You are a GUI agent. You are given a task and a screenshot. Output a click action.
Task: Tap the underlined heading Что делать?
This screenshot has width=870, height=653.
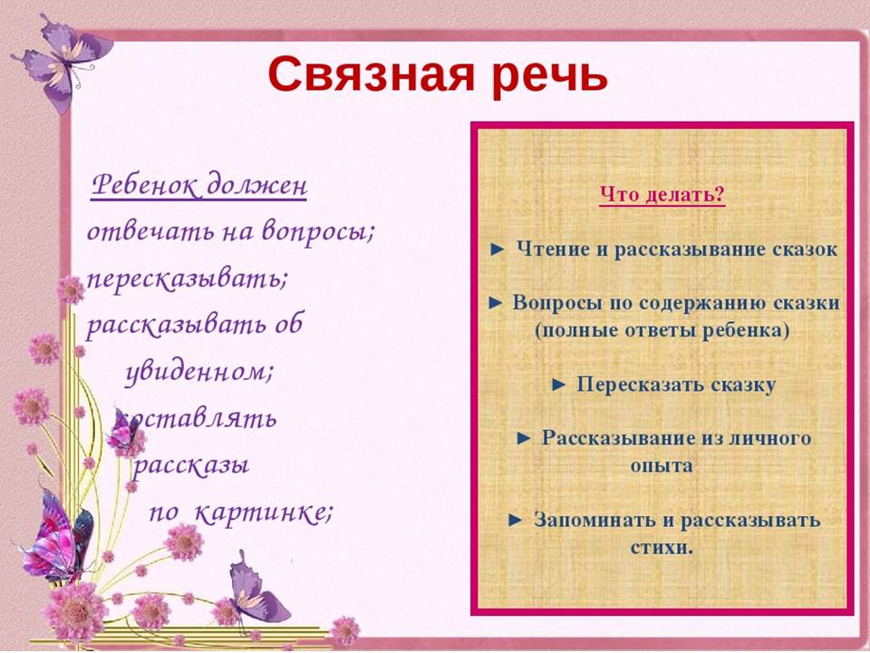tap(662, 195)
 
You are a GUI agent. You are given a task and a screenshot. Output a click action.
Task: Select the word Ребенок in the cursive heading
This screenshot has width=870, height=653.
tap(145, 184)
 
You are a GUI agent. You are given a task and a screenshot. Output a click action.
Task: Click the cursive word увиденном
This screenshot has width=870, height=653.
tap(198, 371)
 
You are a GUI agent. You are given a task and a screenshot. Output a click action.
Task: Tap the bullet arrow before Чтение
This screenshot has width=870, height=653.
tap(498, 250)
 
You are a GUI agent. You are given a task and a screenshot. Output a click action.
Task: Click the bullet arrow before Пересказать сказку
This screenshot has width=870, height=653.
tap(559, 385)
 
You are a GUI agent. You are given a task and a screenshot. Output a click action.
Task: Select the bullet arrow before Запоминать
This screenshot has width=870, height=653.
tap(516, 521)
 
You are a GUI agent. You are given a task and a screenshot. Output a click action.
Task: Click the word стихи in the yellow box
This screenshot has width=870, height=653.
tap(662, 548)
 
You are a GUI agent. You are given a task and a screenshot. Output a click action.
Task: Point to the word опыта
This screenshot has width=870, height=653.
tap(662, 465)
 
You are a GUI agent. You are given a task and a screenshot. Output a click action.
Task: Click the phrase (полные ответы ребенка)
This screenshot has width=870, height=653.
tap(662, 330)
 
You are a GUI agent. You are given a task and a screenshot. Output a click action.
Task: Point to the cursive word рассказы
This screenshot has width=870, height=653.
tap(189, 464)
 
